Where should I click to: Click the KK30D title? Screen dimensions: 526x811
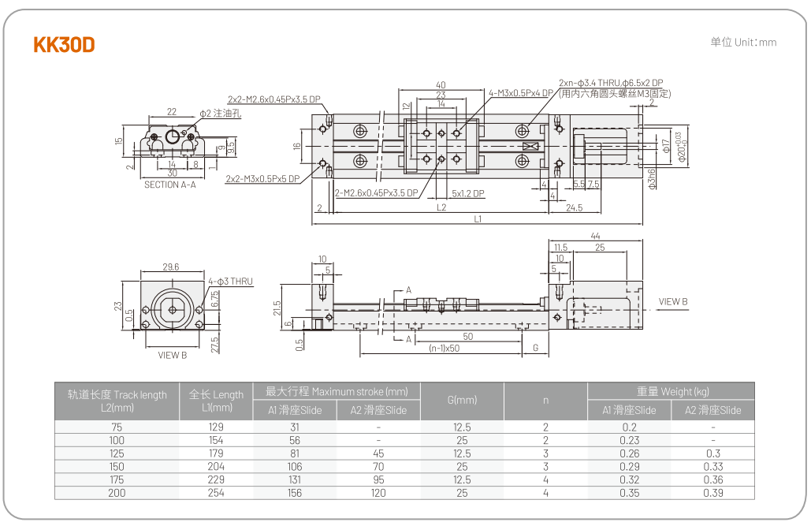(64, 45)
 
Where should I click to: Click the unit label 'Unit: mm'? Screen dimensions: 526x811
(743, 43)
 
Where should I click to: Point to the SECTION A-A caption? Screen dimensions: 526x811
(170, 185)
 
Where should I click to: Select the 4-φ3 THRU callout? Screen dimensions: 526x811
(230, 281)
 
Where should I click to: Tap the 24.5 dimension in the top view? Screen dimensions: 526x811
(574, 208)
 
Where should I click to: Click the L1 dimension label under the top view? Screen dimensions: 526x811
(478, 219)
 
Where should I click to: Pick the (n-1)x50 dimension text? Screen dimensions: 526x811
(445, 348)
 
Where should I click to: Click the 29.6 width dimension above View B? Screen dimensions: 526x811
(170, 267)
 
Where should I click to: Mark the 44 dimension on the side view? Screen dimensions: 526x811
(595, 236)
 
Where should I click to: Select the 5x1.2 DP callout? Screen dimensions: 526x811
(468, 193)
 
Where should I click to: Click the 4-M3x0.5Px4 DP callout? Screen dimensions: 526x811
(521, 93)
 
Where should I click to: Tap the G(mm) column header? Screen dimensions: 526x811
(462, 401)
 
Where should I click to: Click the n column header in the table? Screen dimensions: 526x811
(545, 401)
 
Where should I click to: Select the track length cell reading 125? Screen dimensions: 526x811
(117, 453)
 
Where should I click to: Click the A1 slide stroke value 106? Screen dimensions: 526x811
(295, 467)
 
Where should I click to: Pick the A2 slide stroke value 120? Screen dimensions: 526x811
(378, 493)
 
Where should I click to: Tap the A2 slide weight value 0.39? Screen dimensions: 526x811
(712, 493)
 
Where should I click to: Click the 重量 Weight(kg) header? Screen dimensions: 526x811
(672, 391)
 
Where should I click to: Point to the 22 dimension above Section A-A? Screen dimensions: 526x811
(171, 112)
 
